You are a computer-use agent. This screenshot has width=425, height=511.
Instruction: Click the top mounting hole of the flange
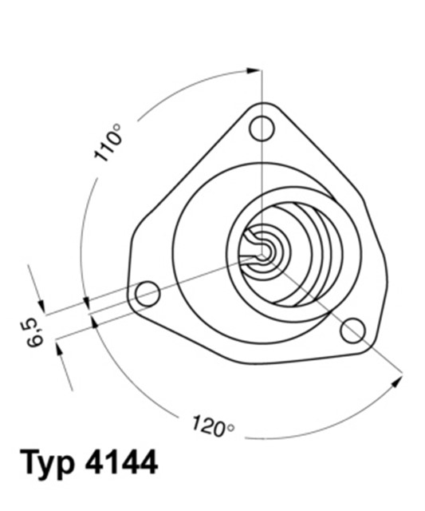[x=262, y=127]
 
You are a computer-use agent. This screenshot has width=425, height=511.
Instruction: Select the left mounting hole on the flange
[x=148, y=293]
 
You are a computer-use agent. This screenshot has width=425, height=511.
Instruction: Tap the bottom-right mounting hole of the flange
[x=352, y=329]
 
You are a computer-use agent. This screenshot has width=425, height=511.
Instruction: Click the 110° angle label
[x=108, y=144]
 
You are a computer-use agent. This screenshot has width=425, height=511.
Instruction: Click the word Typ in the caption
[x=47, y=463]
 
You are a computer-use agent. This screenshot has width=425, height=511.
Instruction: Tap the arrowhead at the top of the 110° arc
[x=255, y=71]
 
